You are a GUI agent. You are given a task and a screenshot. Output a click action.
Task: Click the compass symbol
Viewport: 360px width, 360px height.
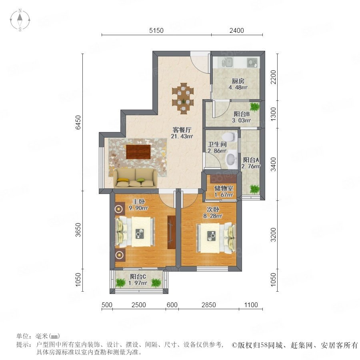tap(20, 20)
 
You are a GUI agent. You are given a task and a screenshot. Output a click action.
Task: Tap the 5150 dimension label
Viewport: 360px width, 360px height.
tap(156, 30)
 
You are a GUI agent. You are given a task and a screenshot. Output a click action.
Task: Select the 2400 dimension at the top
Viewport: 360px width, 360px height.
tap(236, 30)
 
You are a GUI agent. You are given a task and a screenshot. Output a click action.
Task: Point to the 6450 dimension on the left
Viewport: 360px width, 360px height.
tap(78, 122)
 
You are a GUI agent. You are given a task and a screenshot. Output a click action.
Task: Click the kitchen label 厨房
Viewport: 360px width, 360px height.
tap(238, 81)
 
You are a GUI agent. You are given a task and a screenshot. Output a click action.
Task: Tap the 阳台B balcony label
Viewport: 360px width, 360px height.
tap(242, 114)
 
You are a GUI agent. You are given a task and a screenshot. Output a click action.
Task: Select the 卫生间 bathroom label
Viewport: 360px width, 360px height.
tap(217, 144)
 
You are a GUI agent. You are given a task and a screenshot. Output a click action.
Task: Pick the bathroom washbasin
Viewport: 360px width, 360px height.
tap(231, 159)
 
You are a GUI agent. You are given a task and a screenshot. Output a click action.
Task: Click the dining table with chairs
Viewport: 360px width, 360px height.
tap(183, 98)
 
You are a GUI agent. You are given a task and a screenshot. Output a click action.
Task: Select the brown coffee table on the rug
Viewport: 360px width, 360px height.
tap(138, 152)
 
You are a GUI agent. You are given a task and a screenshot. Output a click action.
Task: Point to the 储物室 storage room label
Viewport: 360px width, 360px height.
tap(224, 188)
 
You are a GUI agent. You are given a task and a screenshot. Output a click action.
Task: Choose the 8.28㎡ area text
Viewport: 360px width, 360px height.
tap(213, 216)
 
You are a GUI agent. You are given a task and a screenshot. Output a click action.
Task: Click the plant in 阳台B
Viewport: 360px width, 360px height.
tap(254, 107)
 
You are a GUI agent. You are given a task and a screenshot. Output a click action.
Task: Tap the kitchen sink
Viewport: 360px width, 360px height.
tap(227, 62)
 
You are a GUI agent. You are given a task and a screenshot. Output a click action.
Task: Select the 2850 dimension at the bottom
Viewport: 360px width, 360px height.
tap(208, 305)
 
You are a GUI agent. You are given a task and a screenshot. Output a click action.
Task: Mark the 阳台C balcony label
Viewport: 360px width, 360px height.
tap(138, 276)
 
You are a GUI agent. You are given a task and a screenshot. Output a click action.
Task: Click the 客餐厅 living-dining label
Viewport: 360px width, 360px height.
tap(182, 130)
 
